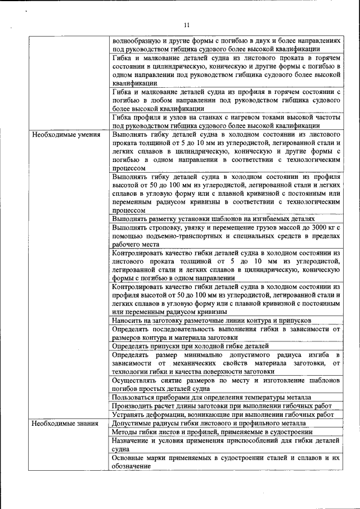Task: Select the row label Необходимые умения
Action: (66, 136)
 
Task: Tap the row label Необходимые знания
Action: (65, 423)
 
